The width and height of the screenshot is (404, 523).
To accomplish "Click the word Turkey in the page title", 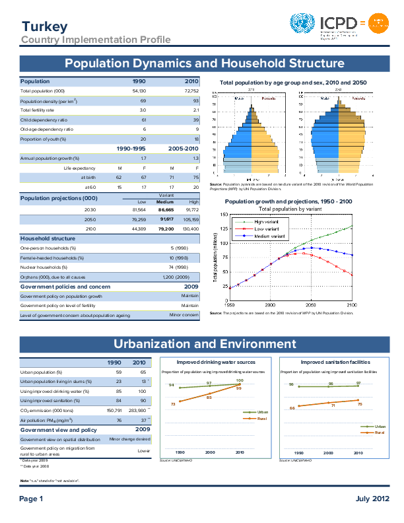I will (x=44, y=27).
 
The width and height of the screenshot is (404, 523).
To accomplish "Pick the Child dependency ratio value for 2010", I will (x=195, y=120).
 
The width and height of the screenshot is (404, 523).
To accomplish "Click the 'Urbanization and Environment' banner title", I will (x=205, y=344).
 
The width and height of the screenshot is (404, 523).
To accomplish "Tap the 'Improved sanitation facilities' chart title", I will (x=335, y=362).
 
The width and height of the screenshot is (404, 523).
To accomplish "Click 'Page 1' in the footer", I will (x=31, y=499).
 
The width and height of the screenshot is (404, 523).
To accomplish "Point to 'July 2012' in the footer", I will (x=368, y=499).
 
